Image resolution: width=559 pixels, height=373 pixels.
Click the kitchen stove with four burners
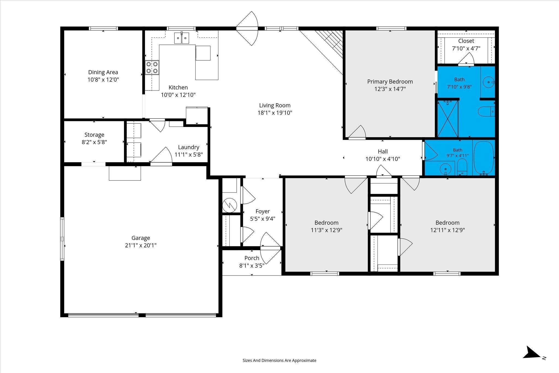coord(152,67)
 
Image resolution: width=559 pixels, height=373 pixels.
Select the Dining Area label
coord(103,72)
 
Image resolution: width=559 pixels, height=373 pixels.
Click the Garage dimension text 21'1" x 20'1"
coord(141,245)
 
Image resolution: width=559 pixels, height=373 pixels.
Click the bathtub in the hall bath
coord(484,158)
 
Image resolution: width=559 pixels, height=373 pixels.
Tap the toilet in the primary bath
coord(486,112)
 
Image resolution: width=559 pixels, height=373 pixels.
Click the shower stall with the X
coord(448,119)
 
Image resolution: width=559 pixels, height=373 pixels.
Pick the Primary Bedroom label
coord(390,82)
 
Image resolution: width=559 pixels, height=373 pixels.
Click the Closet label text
coord(466,41)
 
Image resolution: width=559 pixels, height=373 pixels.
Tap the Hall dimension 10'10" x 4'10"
coord(383,159)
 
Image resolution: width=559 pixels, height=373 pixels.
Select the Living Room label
coord(275,105)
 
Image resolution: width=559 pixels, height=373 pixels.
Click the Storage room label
coord(94,135)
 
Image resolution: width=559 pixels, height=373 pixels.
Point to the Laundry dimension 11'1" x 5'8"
coord(189,155)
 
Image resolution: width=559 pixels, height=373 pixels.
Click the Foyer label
coord(263,211)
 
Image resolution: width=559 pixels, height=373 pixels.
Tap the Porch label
coord(252,258)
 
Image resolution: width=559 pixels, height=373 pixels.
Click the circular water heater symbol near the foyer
coord(230,205)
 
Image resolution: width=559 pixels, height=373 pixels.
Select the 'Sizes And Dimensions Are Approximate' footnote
coord(279,360)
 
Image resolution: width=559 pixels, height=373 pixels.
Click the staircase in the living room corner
coord(329,44)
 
